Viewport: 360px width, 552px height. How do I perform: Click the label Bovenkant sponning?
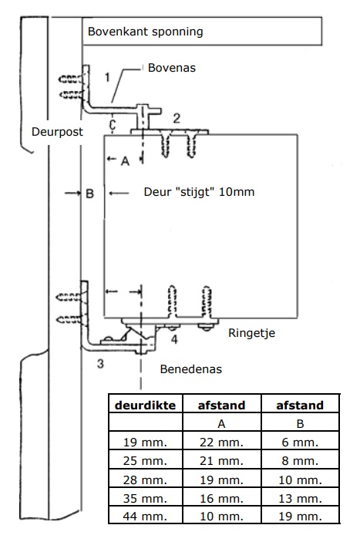click(x=146, y=32)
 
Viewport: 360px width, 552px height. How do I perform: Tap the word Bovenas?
click(x=172, y=68)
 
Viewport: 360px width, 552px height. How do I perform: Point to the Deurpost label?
click(x=57, y=132)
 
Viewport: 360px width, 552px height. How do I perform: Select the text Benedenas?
click(x=190, y=369)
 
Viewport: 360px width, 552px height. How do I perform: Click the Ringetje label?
click(x=251, y=333)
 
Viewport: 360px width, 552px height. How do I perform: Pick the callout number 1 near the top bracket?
click(x=107, y=77)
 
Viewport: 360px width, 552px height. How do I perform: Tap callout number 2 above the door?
click(x=177, y=118)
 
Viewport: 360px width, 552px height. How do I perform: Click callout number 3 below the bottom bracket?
click(x=101, y=364)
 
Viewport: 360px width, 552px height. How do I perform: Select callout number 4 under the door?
click(x=174, y=340)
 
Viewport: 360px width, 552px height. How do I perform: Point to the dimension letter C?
click(x=113, y=125)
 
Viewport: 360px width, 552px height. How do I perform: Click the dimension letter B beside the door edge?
click(x=89, y=194)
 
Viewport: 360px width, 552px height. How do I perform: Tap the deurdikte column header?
click(x=146, y=406)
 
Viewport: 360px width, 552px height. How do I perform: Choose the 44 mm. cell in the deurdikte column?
click(x=145, y=517)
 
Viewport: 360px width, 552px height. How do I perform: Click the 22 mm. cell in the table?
click(x=221, y=443)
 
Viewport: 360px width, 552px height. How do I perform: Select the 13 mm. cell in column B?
click(x=300, y=498)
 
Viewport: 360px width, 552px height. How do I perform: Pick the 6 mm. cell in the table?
click(x=300, y=443)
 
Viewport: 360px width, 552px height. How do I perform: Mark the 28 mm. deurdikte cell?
click(x=145, y=480)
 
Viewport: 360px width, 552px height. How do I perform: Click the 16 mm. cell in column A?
click(x=221, y=498)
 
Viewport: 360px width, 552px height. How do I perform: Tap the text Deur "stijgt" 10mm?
click(x=199, y=192)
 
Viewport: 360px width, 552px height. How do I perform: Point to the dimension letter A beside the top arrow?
click(x=126, y=161)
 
